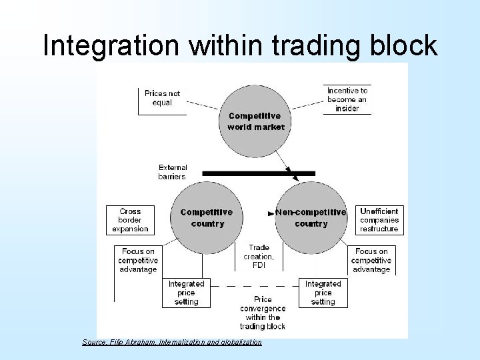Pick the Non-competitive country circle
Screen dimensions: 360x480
311,217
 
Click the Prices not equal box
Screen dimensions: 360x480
162,99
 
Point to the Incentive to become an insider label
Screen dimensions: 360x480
347,99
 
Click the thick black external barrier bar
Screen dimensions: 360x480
258,173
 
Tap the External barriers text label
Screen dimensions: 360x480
173,172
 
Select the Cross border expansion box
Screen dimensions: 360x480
130,220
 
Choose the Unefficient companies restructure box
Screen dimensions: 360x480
379,220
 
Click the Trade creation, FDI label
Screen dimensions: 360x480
259,256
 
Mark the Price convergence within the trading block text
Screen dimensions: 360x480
262,313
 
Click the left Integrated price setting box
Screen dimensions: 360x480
186,293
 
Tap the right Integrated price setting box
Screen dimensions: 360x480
323,293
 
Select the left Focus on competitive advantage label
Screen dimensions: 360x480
137,261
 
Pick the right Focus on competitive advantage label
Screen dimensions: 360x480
371,261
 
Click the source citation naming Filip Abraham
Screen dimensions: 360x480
172,342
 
